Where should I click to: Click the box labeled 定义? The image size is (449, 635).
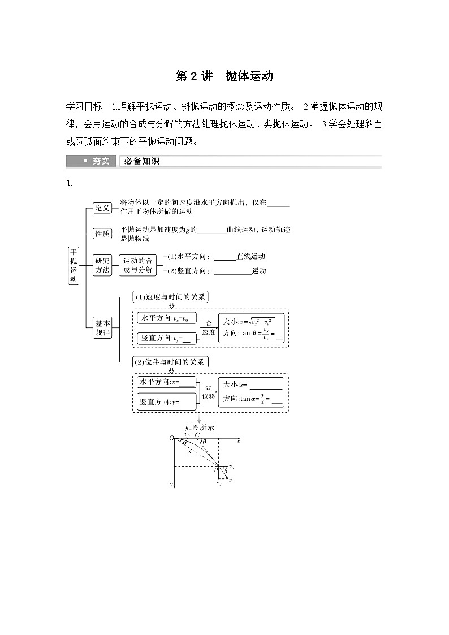point(102,208)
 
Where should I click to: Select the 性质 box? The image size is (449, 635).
point(102,233)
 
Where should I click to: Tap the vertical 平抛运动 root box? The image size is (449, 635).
point(74,265)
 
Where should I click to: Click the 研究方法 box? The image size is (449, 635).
point(102,265)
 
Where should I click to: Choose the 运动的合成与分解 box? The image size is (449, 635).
point(138,265)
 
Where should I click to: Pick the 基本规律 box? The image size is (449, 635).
point(103,328)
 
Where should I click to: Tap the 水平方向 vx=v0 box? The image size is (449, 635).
point(166,319)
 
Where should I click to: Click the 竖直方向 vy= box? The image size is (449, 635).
point(166,338)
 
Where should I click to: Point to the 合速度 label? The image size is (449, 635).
point(209,328)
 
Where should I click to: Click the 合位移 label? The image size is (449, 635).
point(208,392)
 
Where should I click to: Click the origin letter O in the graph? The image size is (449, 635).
point(171,438)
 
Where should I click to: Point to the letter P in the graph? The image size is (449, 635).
point(216,470)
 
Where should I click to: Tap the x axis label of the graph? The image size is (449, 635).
point(239,441)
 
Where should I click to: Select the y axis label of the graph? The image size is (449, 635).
point(170,485)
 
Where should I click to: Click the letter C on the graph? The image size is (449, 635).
point(197,435)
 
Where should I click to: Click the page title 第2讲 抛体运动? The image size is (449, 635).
point(225,76)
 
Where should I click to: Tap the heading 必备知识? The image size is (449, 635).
point(142,161)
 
